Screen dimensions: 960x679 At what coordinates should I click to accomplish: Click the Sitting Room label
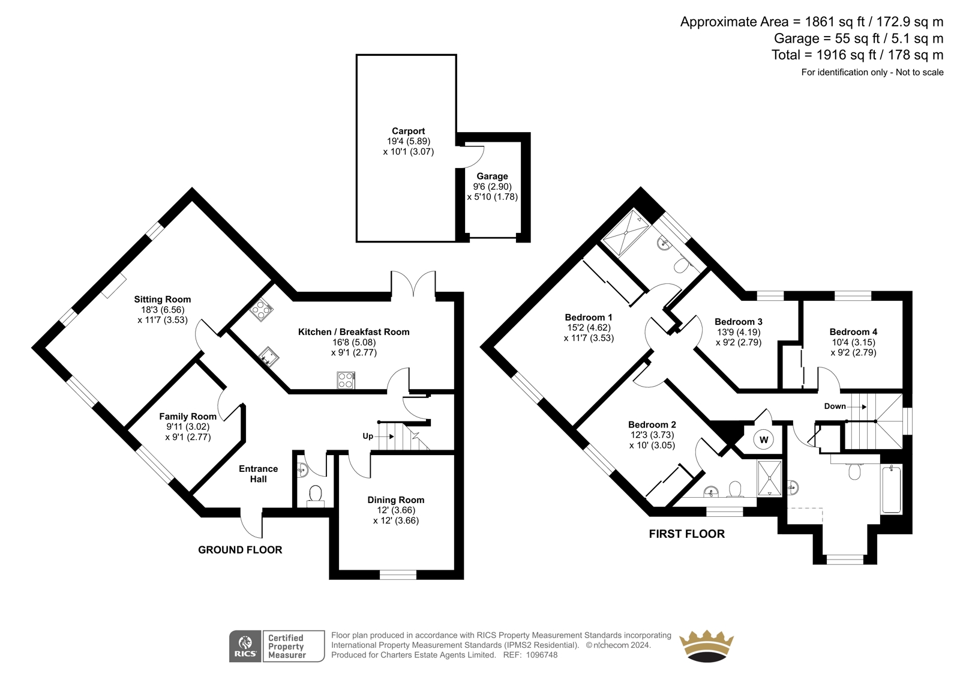[163, 300]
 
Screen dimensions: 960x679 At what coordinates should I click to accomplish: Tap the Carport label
[409, 131]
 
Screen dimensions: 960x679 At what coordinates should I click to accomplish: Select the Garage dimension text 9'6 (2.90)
[493, 187]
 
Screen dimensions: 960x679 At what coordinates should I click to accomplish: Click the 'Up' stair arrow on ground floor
[385, 436]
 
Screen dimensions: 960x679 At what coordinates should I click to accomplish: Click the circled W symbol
[764, 439]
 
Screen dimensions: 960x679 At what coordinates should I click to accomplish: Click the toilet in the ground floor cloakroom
[316, 495]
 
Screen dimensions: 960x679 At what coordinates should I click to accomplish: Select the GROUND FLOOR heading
[240, 550]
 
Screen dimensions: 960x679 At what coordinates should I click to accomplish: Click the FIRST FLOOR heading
[687, 534]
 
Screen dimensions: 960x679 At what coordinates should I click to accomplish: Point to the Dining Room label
[395, 499]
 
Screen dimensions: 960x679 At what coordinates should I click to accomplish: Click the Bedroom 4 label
[853, 331]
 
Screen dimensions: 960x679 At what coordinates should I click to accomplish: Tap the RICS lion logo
[245, 647]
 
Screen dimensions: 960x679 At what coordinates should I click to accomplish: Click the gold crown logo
[706, 646]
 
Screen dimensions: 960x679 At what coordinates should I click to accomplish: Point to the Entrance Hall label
[259, 474]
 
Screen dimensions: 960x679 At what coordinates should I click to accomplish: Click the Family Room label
[188, 416]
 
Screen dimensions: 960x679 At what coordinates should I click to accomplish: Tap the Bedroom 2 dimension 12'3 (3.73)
[652, 435]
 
